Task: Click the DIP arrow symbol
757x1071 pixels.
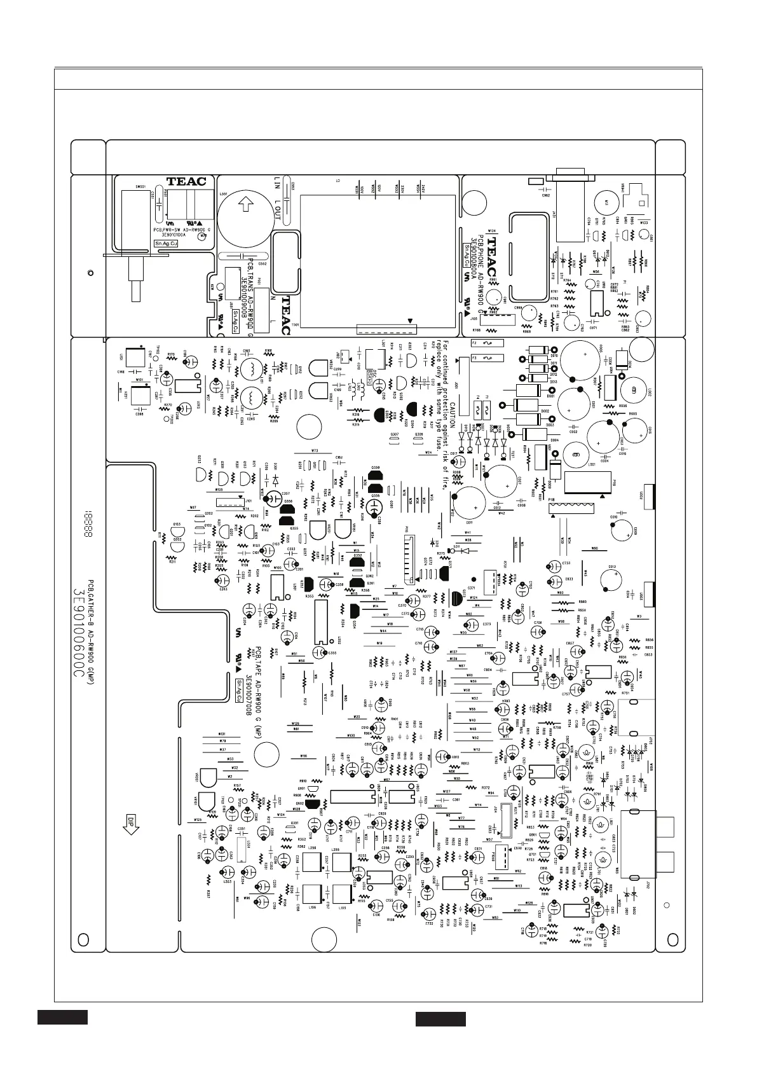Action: coord(131,824)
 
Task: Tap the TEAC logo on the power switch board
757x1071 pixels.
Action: coord(186,181)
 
